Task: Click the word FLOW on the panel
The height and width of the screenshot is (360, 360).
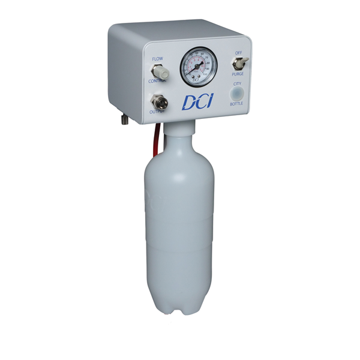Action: click(x=157, y=59)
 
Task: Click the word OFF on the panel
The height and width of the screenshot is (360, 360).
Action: click(x=239, y=52)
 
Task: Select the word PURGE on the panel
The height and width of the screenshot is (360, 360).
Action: click(x=238, y=75)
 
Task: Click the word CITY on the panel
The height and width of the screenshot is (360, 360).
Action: click(x=237, y=84)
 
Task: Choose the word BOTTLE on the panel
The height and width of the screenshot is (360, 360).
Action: click(x=237, y=105)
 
